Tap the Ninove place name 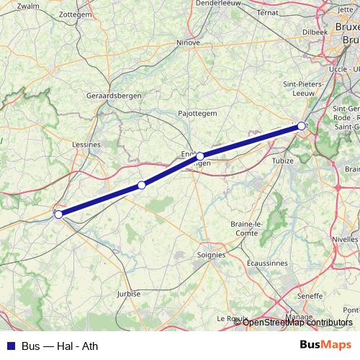pyautogui.click(x=188, y=42)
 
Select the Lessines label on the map pyautogui.click(x=86, y=144)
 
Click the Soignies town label pyautogui.click(x=211, y=254)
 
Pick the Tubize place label pyautogui.click(x=283, y=161)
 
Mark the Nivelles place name pyautogui.click(x=346, y=239)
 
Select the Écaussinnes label pyautogui.click(x=267, y=264)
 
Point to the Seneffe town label pyautogui.click(x=310, y=296)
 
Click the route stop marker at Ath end pyautogui.click(x=58, y=214)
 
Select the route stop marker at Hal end pyautogui.click(x=301, y=126)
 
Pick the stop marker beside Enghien pyautogui.click(x=200, y=156)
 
